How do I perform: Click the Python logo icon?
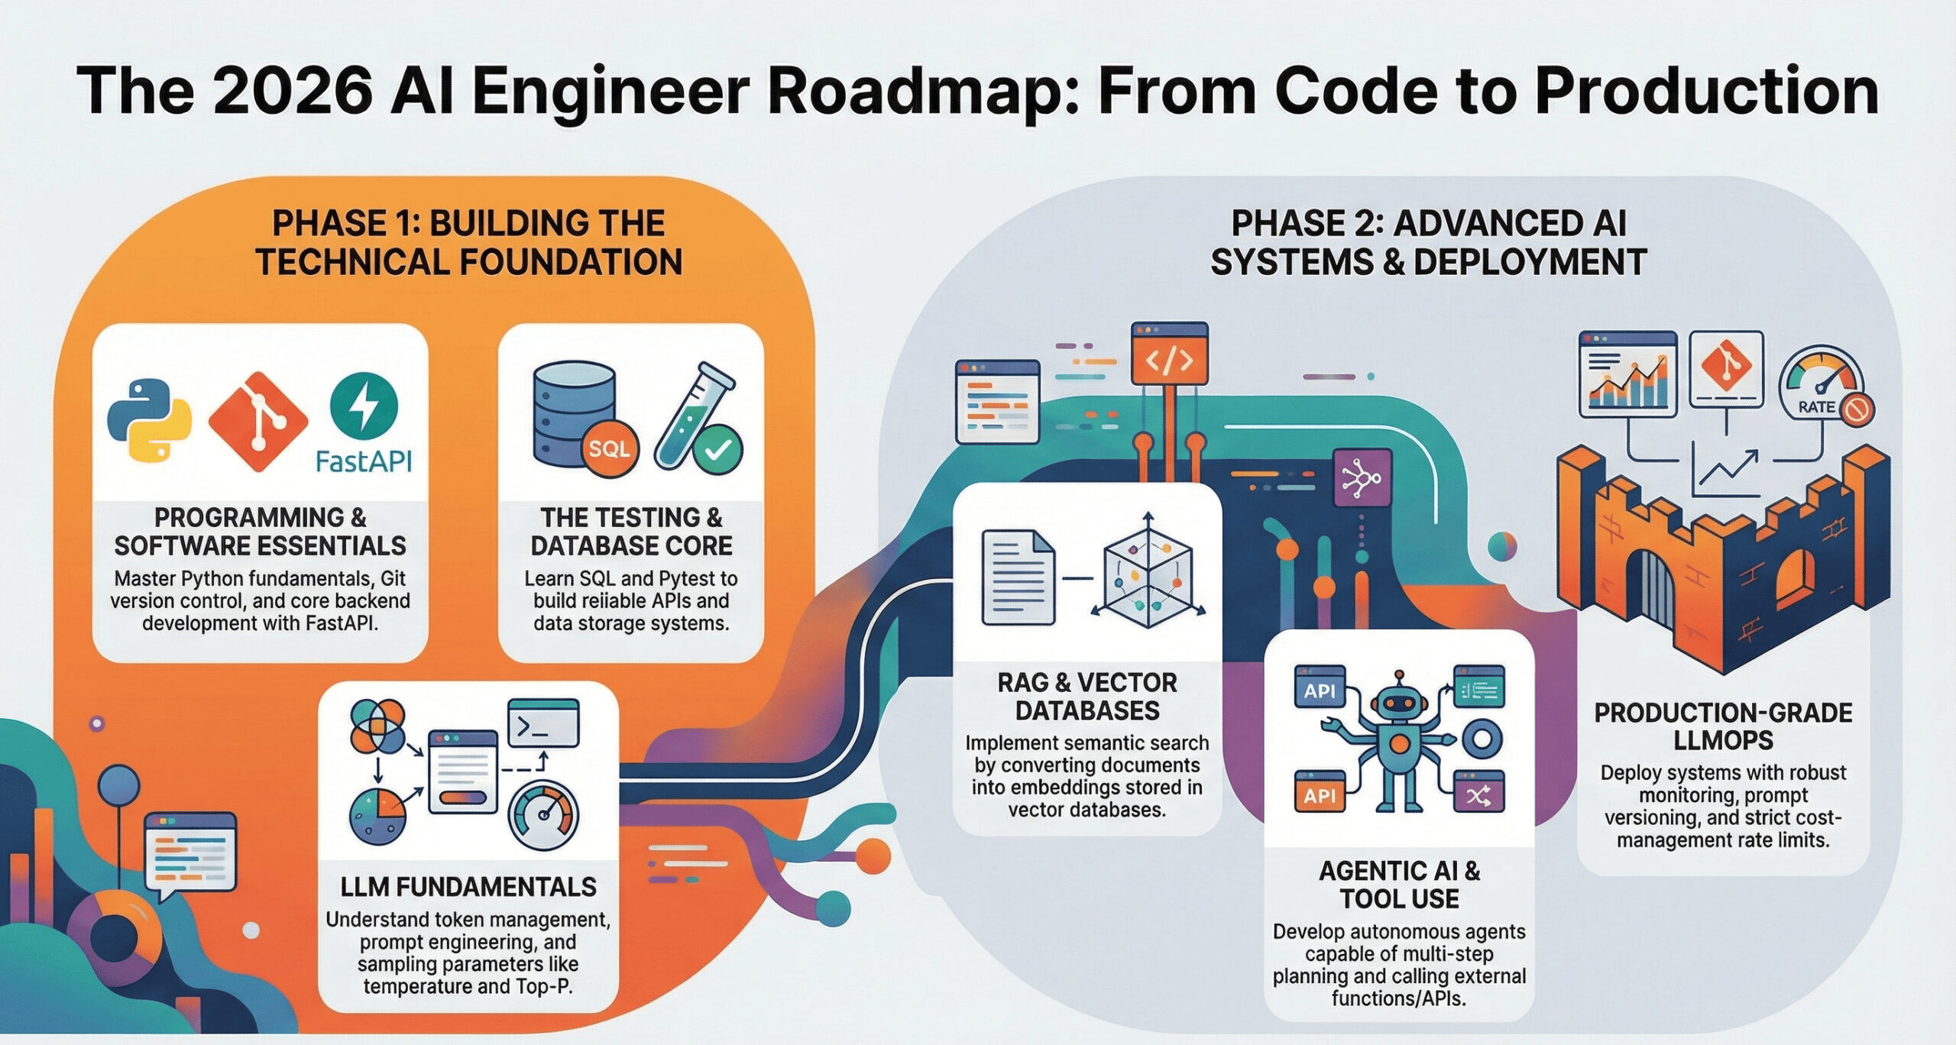click(x=148, y=419)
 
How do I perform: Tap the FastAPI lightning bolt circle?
click(x=364, y=406)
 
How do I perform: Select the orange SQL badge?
click(x=609, y=449)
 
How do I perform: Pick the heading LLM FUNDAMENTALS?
click(x=468, y=887)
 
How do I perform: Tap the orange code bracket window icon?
click(x=1169, y=354)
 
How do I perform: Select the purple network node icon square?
click(x=1362, y=478)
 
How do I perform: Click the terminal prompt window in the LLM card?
click(x=543, y=723)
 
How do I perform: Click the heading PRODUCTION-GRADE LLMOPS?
click(x=1722, y=726)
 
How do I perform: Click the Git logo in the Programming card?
click(x=257, y=422)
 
